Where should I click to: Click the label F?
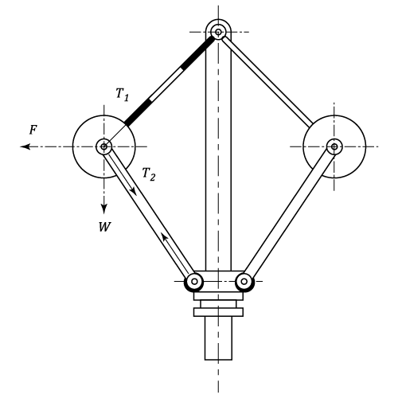pos(33,130)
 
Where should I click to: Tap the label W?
pos(105,227)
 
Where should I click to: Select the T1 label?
pos(123,94)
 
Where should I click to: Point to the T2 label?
pos(149,174)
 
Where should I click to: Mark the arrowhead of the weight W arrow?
pos(104,209)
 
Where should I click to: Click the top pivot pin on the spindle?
pos(218,33)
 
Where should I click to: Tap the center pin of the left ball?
pos(104,146)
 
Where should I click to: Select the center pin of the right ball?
pos(334,146)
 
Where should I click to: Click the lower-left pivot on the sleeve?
pos(194,281)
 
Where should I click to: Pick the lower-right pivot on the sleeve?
pos(244,281)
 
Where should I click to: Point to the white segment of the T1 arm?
pos(166,84)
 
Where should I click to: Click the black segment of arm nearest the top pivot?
pos(197,53)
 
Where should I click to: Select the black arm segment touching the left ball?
pos(139,111)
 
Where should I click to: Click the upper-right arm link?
pos(267,82)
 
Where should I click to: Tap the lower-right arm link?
pos(289,214)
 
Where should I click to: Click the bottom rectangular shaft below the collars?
pos(218,338)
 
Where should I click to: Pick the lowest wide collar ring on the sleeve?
pos(218,312)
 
